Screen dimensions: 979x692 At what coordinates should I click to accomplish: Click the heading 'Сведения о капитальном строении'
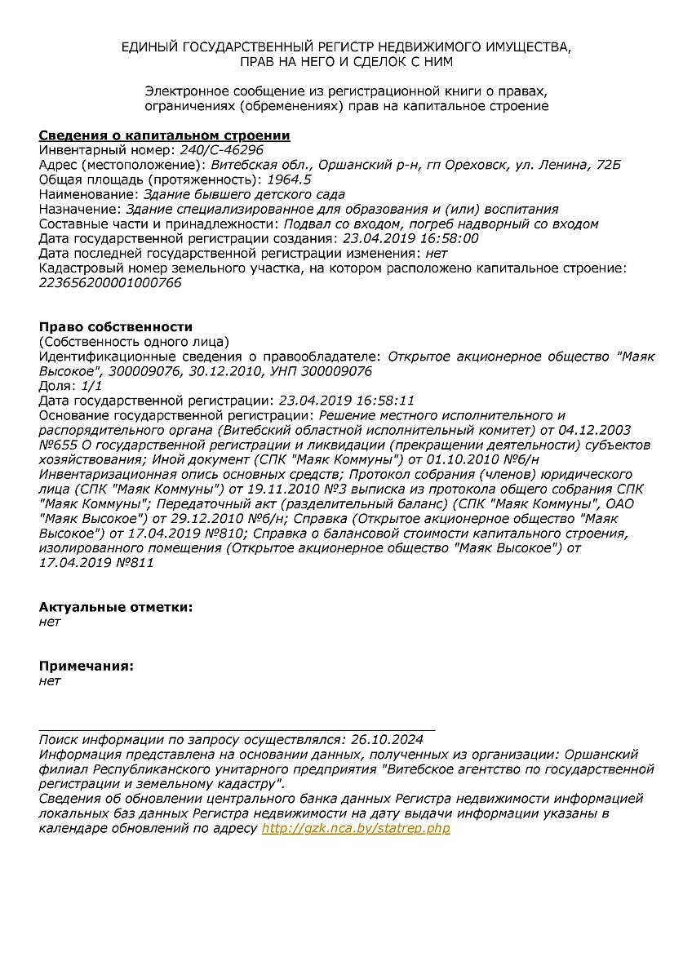164,135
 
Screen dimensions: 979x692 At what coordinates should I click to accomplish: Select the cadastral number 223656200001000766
110,283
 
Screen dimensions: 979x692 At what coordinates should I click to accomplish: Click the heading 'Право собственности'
116,327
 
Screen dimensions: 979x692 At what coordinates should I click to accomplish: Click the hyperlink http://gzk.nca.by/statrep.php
356,828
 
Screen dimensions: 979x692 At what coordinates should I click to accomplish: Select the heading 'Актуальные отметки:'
116,607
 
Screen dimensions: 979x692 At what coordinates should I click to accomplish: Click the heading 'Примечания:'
86,666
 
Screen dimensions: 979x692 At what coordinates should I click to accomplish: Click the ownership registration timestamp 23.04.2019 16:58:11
347,401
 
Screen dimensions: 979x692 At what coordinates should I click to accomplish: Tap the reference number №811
135,563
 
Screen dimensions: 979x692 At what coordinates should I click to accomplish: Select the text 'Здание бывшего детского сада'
244,194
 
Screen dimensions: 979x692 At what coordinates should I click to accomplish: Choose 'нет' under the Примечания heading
50,680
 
